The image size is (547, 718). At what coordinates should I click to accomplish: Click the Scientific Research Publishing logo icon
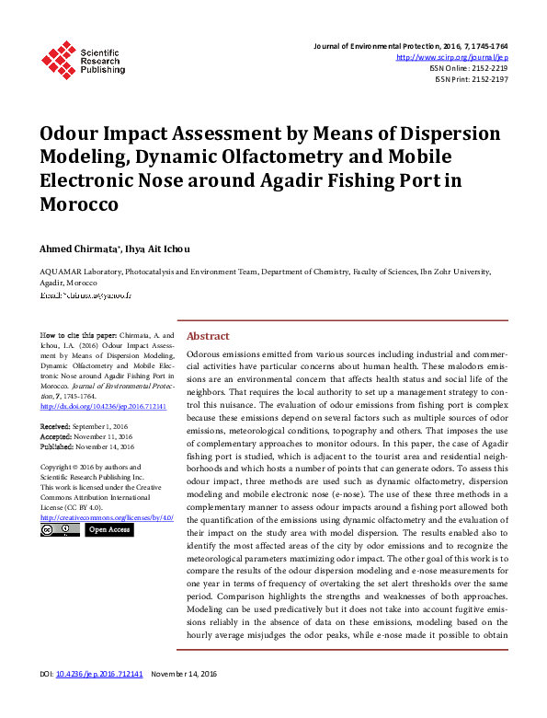[x=57, y=59]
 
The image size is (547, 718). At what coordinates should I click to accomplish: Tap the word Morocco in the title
[x=79, y=204]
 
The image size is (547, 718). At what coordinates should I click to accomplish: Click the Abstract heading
[x=208, y=337]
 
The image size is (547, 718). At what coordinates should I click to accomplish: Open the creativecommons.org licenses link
[x=107, y=517]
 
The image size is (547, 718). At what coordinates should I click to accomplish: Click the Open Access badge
[x=109, y=529]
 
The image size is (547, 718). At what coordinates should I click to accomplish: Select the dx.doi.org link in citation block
[x=103, y=405]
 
